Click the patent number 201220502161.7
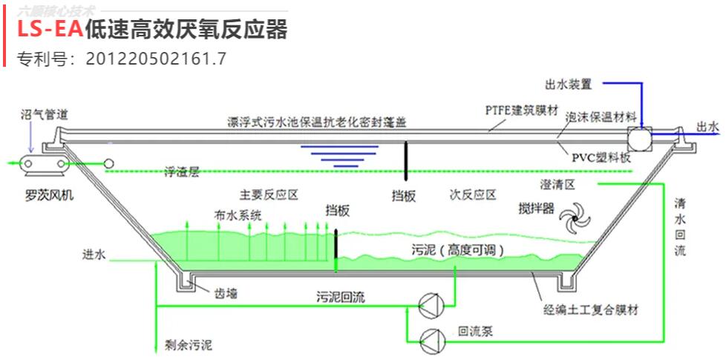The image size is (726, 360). click(156, 57)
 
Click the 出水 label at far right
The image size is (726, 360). click(707, 127)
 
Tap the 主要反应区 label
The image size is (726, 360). click(269, 195)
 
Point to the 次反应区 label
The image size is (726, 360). click(472, 195)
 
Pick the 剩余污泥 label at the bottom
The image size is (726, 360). click(188, 344)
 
